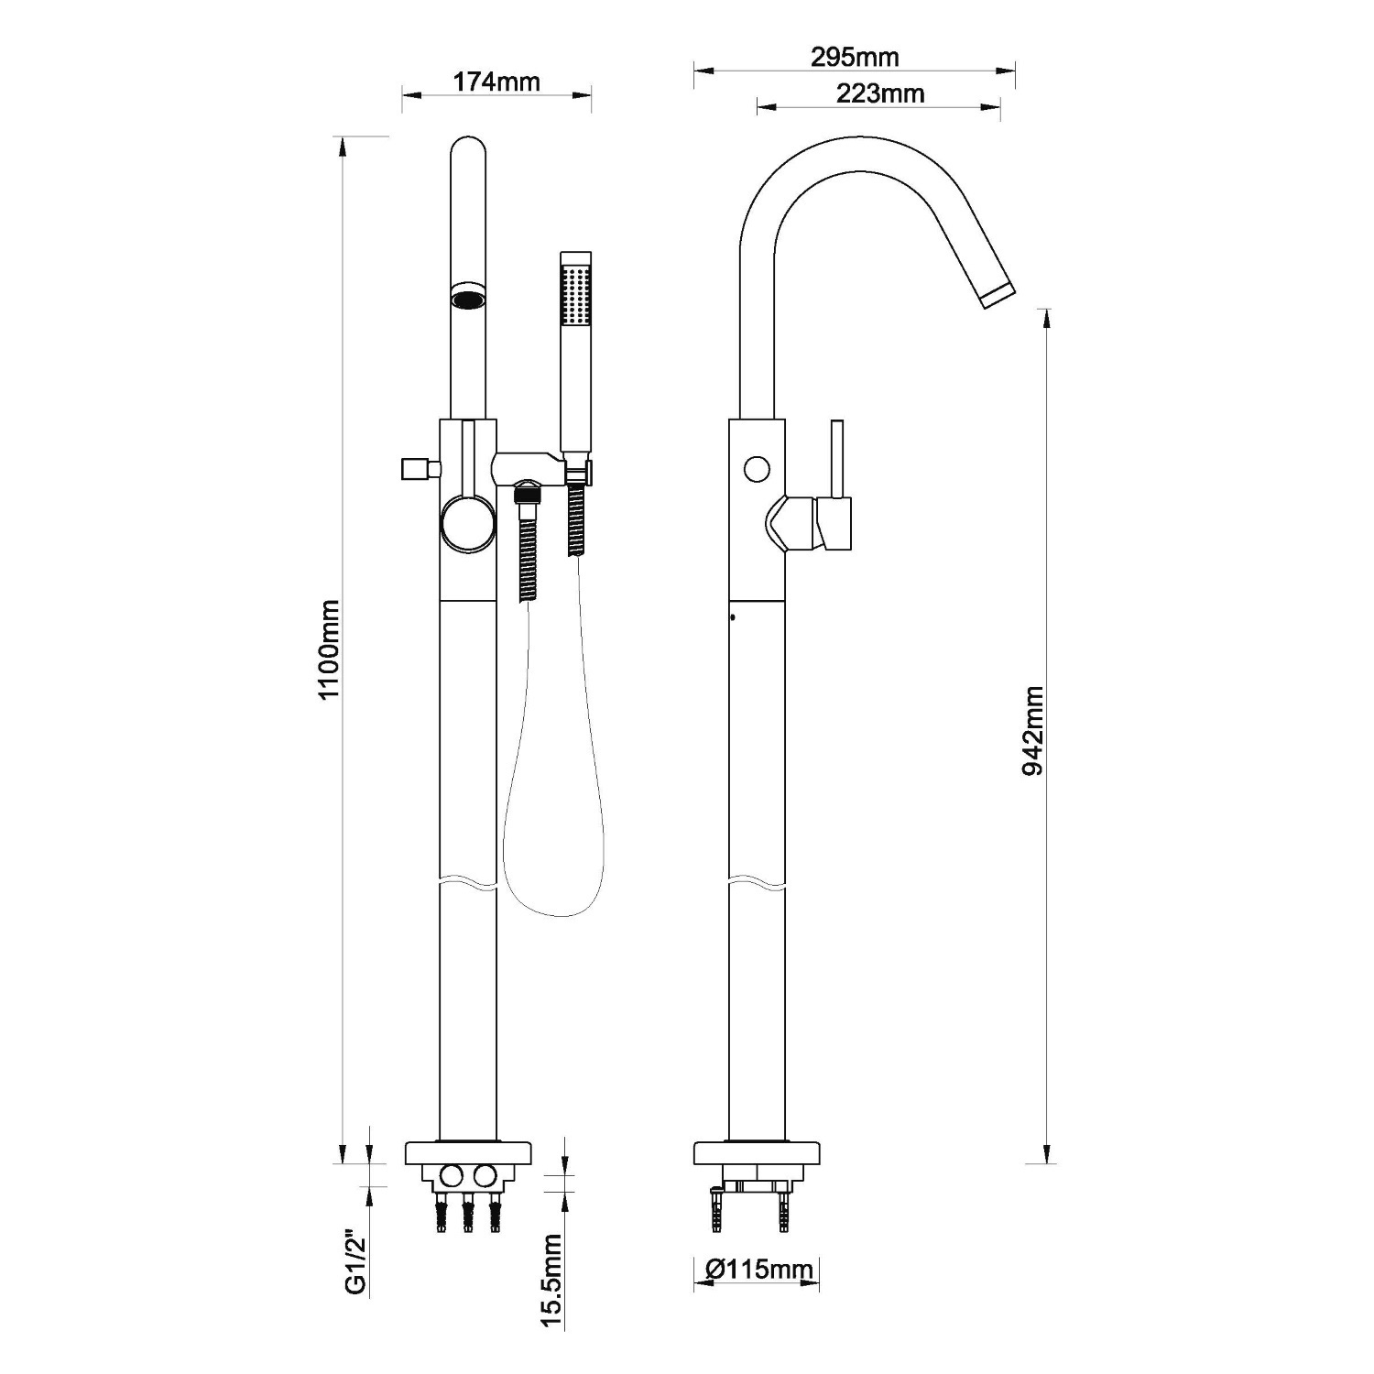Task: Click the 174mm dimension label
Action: tap(496, 82)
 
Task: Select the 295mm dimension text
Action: tap(854, 57)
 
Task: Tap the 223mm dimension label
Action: tap(879, 93)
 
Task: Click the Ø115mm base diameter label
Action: tap(760, 1269)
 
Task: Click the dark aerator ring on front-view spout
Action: tap(468, 299)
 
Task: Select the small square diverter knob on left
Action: tap(415, 469)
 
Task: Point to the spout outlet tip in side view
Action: tap(998, 290)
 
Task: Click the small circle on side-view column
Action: tap(756, 469)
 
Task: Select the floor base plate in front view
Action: tap(468, 1152)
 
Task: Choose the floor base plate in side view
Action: tap(757, 1152)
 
